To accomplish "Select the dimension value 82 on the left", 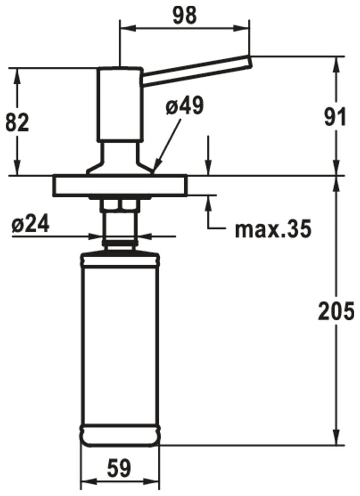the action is click(18, 123).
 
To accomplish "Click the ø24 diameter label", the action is click(30, 224).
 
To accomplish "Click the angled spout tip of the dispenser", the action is click(249, 62).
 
